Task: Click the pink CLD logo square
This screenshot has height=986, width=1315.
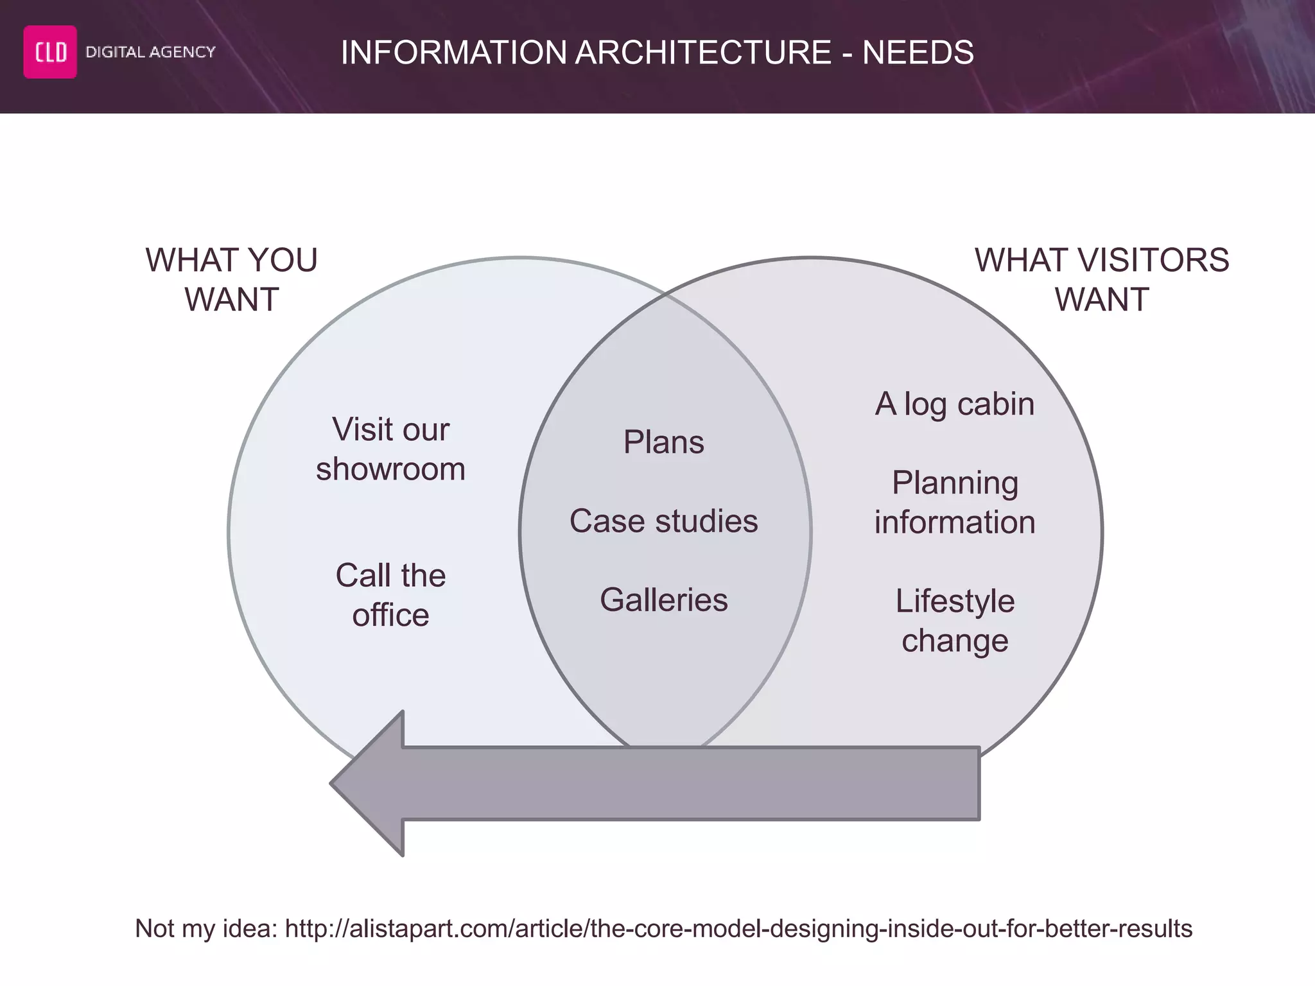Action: click(x=50, y=52)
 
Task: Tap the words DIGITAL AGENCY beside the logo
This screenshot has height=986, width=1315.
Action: click(x=150, y=52)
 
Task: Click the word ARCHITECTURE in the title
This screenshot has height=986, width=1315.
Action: click(x=703, y=53)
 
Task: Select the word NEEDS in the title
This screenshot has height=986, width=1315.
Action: click(x=918, y=53)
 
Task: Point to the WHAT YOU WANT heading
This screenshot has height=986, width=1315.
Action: click(x=232, y=280)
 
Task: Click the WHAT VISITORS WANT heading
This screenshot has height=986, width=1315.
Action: click(x=1102, y=280)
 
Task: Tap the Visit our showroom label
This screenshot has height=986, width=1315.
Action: click(x=390, y=449)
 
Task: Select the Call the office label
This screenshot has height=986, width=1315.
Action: click(x=390, y=594)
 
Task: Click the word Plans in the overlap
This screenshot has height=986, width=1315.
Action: click(x=663, y=442)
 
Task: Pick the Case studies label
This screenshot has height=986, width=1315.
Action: click(x=663, y=521)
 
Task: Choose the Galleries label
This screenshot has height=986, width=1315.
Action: click(x=663, y=600)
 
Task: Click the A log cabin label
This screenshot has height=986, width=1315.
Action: click(x=954, y=404)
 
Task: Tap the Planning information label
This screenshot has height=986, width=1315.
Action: click(x=954, y=502)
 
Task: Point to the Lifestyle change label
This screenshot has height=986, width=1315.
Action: click(x=954, y=621)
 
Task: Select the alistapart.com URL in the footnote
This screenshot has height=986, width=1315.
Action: click(x=738, y=929)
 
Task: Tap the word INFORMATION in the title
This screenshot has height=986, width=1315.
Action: click(x=453, y=53)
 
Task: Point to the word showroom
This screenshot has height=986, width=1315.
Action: click(x=390, y=469)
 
